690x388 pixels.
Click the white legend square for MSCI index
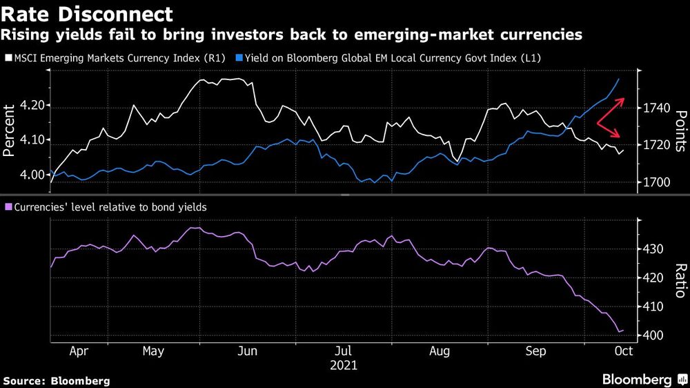click(7, 59)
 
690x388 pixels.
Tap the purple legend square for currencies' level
click(7, 206)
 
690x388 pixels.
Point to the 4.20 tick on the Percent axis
click(32, 106)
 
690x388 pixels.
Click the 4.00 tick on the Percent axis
click(32, 175)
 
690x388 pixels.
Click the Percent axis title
click(10, 131)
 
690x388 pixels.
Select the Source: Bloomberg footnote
click(57, 380)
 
